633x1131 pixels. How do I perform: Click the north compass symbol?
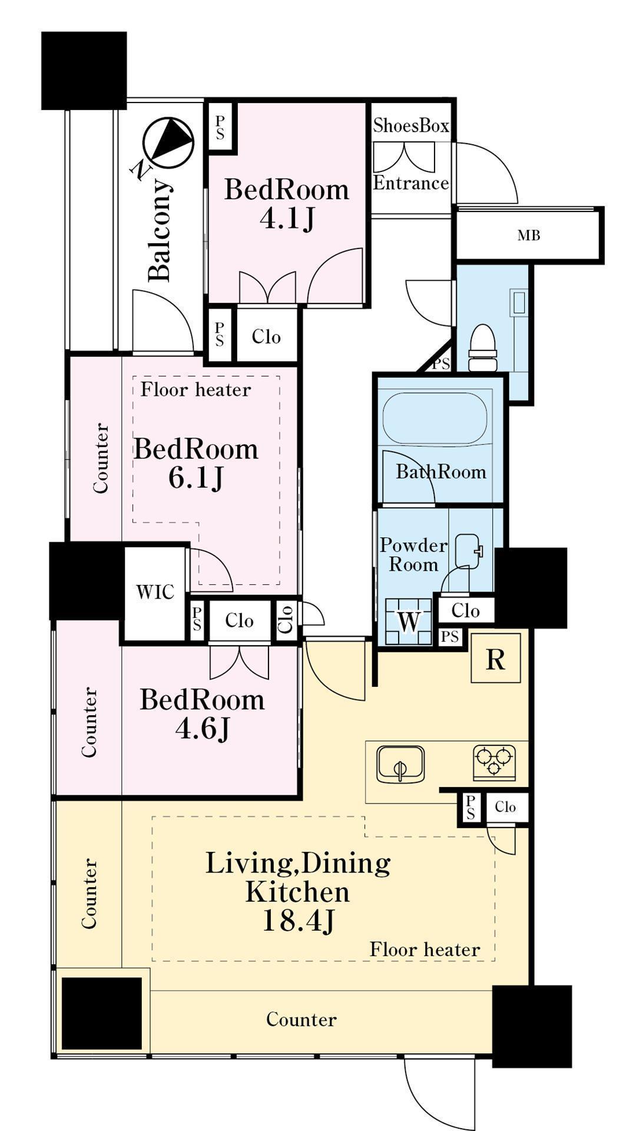tap(168, 143)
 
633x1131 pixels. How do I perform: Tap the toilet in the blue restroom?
tap(483, 348)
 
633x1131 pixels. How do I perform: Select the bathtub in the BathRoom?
tap(435, 419)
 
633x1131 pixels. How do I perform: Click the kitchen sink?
tap(400, 764)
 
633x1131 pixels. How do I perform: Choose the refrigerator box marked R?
tap(496, 658)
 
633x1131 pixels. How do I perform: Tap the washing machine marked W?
tap(409, 621)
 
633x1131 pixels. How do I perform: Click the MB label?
tap(529, 236)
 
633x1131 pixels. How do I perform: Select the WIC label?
tap(155, 592)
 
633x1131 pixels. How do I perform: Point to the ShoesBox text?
tap(411, 125)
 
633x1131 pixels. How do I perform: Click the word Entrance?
tap(411, 183)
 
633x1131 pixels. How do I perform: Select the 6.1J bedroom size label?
tap(196, 478)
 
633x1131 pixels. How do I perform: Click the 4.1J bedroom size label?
tap(287, 219)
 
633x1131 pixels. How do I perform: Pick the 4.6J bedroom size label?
tap(202, 729)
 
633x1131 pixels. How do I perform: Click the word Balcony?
tap(160, 230)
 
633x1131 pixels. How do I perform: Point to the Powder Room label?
tap(413, 555)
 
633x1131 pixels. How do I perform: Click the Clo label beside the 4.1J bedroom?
tap(266, 337)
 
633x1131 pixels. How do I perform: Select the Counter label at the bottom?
tap(301, 1019)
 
